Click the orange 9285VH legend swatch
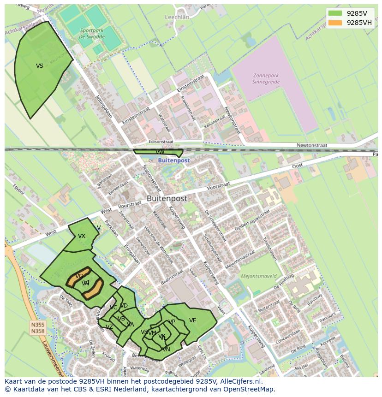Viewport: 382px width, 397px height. click(335, 23)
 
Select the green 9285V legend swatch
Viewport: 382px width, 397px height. click(335, 13)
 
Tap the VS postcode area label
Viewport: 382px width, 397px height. click(40, 66)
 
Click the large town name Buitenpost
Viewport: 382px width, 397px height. click(167, 198)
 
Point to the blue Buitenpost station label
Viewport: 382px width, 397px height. click(173, 160)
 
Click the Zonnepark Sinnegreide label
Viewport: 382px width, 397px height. click(266, 78)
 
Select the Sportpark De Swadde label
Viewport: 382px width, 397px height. click(91, 33)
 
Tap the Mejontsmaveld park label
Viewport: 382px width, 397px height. click(259, 276)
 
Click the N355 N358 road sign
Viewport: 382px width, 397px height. click(38, 327)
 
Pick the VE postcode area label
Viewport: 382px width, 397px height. click(192, 320)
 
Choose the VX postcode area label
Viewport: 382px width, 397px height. click(82, 236)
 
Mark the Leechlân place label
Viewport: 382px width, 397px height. click(177, 17)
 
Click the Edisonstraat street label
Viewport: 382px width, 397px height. click(161, 142)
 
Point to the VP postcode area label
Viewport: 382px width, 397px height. click(172, 322)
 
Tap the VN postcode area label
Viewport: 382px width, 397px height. click(166, 350)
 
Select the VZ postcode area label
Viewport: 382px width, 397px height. click(109, 326)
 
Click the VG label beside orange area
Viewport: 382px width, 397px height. click(79, 276)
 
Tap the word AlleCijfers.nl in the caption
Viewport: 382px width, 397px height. click(240, 381)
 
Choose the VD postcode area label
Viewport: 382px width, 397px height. click(124, 306)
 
